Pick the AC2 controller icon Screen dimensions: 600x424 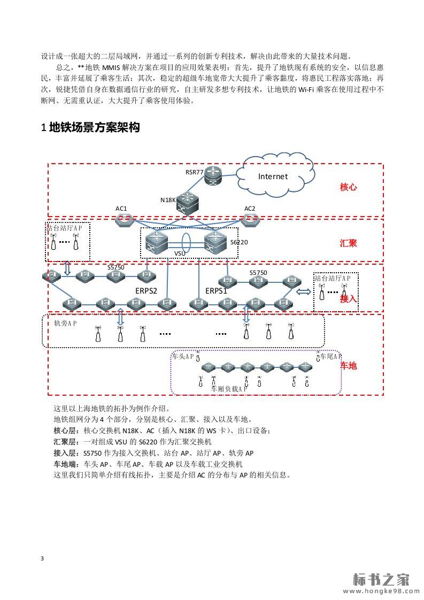(x=249, y=219)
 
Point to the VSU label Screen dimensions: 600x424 (x=180, y=252)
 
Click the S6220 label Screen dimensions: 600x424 (x=239, y=242)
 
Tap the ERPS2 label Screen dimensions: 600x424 (x=146, y=290)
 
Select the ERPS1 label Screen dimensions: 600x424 (x=217, y=290)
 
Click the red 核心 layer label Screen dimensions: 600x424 (x=348, y=187)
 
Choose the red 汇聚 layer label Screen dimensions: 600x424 (x=348, y=243)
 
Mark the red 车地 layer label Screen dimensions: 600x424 (x=348, y=366)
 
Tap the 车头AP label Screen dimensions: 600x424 (x=182, y=356)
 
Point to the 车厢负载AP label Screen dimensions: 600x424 (x=229, y=389)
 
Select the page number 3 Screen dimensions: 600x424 (x=42, y=559)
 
